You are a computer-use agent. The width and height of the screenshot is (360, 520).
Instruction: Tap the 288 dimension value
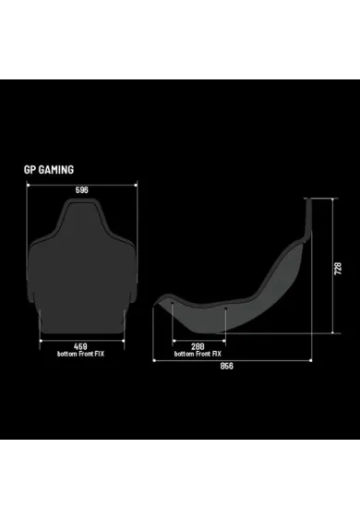[198, 346]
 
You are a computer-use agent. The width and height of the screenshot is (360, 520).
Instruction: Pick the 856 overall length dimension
[226, 366]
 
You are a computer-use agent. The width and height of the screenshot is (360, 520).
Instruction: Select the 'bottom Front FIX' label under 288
[198, 354]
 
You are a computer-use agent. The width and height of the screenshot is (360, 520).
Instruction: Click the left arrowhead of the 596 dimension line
[30, 185]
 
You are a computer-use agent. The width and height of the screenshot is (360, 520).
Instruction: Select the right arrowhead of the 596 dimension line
[138, 185]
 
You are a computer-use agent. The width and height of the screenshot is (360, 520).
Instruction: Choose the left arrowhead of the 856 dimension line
[154, 359]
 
